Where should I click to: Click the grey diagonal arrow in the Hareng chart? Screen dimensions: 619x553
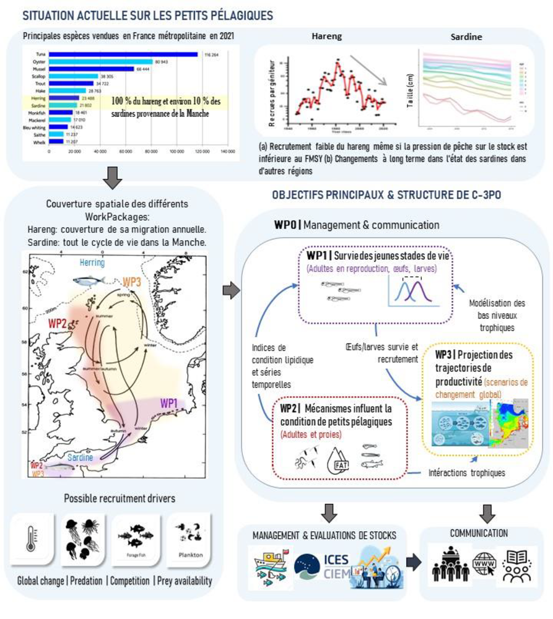point(368,69)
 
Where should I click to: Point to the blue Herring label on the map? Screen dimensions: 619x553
point(92,262)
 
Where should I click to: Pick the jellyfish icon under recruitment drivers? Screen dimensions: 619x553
point(82,539)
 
